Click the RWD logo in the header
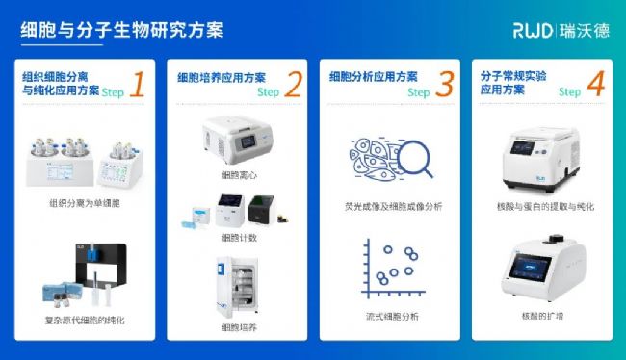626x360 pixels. click(x=533, y=31)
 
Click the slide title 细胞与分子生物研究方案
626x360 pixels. click(x=122, y=30)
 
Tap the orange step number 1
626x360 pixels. click(x=137, y=84)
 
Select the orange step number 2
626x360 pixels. click(x=294, y=84)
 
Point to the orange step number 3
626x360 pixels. click(x=445, y=84)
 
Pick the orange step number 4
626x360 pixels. click(x=596, y=84)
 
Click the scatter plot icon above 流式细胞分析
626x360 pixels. click(x=393, y=269)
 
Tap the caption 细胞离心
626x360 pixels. click(x=239, y=175)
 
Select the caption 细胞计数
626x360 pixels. click(x=239, y=238)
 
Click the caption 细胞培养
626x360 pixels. click(x=239, y=327)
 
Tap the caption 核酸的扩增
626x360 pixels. click(x=542, y=316)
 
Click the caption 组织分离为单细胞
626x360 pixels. click(x=85, y=203)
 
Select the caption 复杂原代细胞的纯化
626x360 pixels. click(x=85, y=321)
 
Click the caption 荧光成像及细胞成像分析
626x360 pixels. click(x=394, y=207)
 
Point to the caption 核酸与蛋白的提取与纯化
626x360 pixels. click(x=545, y=207)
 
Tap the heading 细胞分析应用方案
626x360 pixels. click(x=374, y=77)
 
